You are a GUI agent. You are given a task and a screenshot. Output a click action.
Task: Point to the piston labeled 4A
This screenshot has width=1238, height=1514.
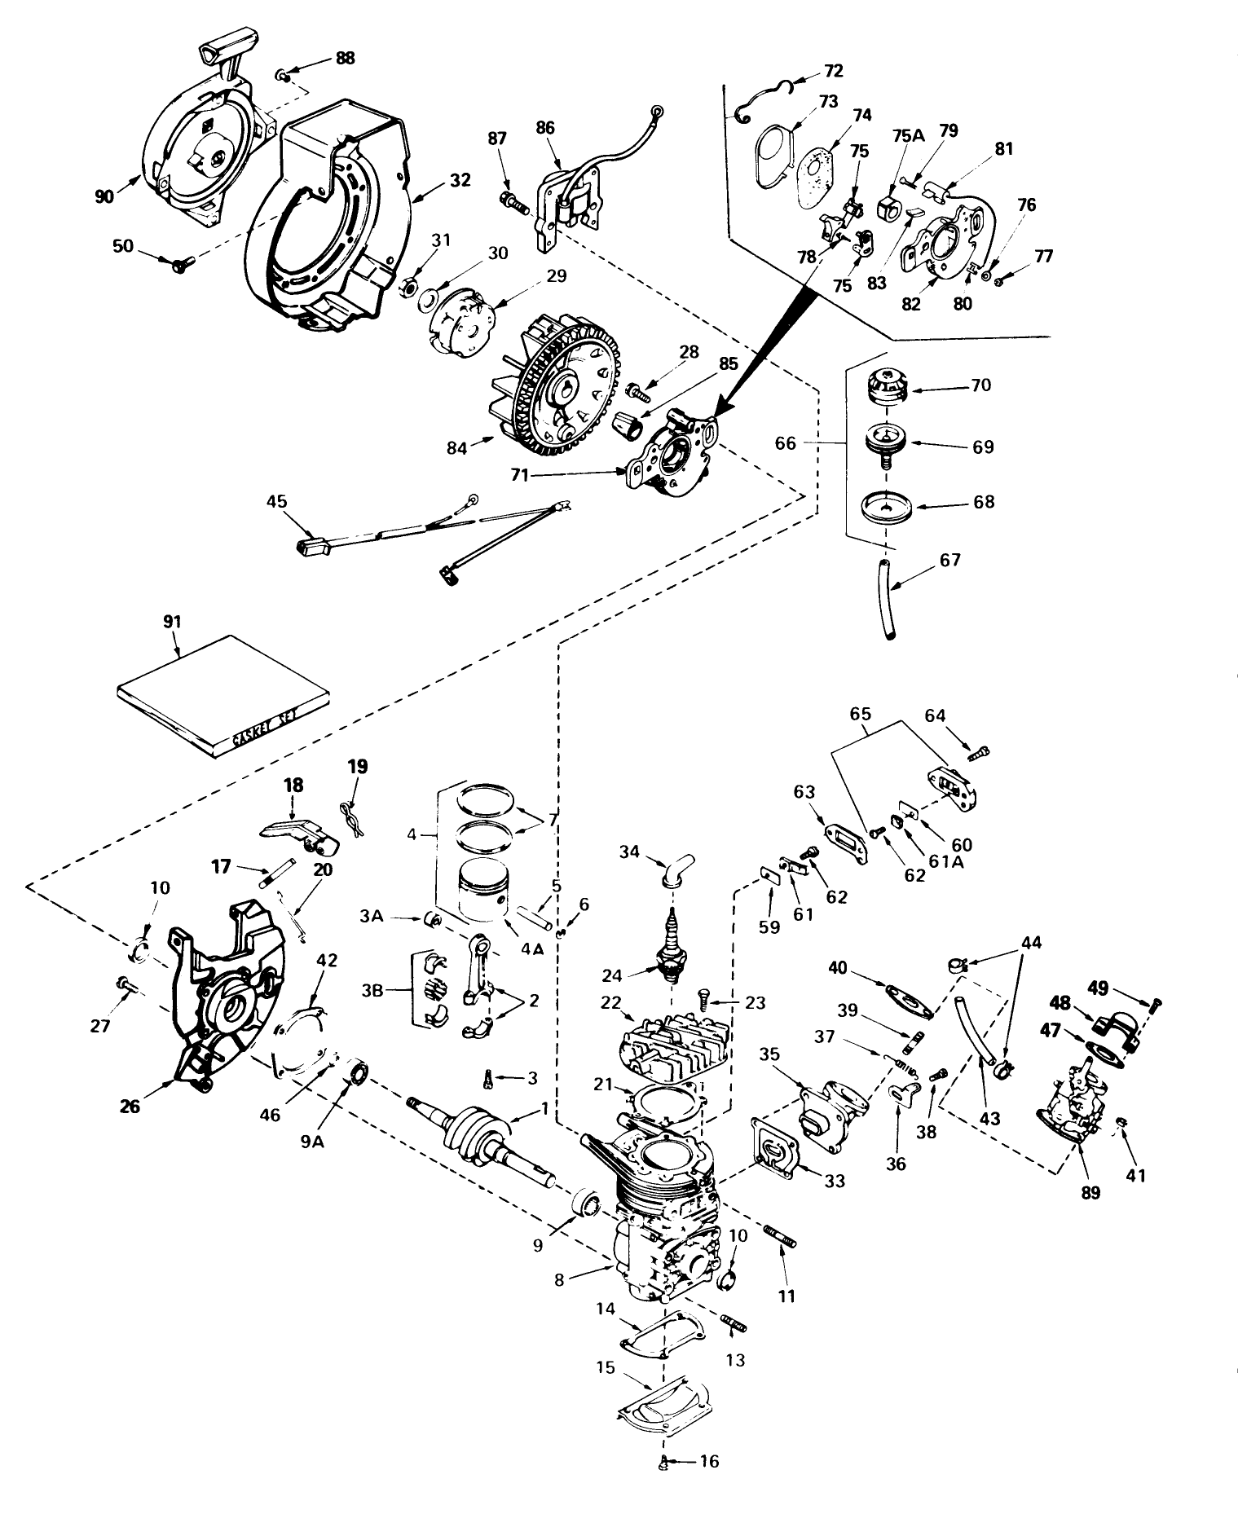[x=480, y=896]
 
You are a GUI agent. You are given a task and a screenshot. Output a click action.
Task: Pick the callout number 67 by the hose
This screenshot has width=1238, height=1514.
[x=949, y=561]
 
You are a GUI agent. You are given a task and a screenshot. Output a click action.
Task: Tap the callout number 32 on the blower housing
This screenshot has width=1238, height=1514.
[x=460, y=181]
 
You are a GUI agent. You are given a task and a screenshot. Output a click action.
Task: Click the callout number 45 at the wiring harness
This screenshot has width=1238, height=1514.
[x=277, y=501]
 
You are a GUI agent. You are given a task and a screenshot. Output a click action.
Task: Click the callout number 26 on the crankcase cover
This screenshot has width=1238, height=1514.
[x=130, y=1106]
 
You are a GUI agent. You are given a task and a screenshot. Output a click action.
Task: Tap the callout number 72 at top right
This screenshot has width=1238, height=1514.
[x=833, y=72]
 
